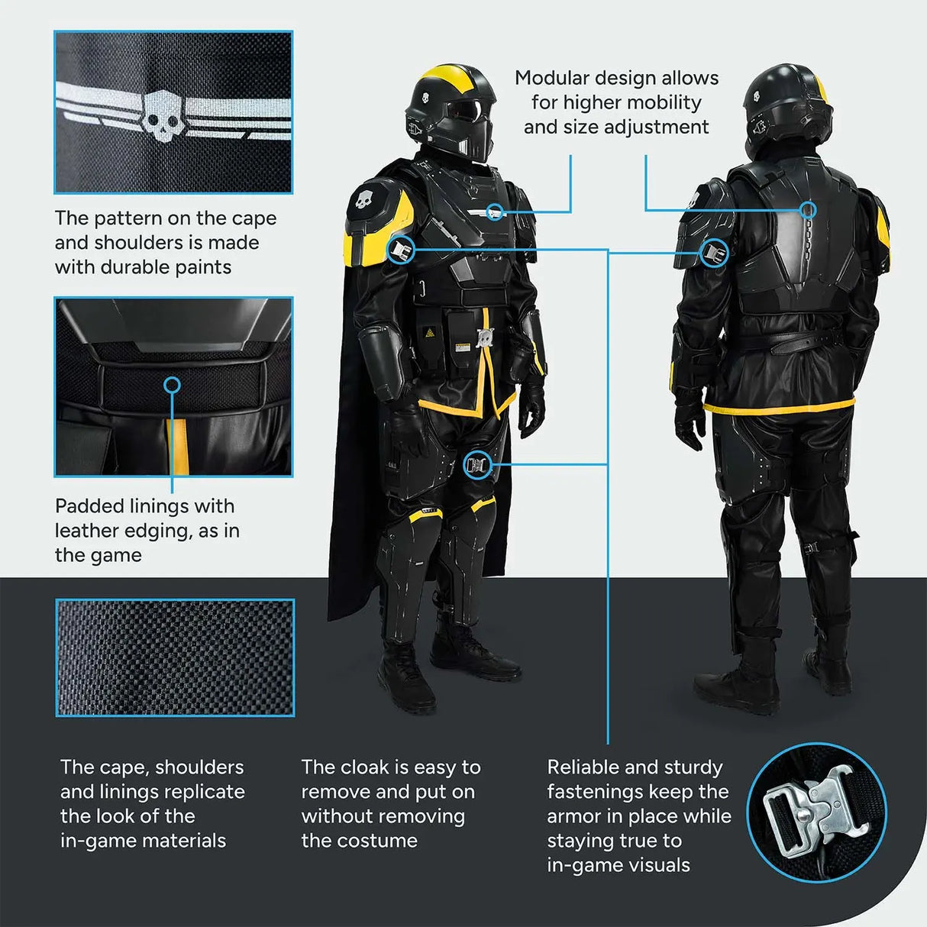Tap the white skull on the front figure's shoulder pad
pos(365,201)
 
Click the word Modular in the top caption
pos(552,78)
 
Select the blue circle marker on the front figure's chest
pos(496,211)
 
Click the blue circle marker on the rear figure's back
pos(808,209)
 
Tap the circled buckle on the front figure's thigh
pos(476,464)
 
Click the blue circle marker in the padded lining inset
pos(173,385)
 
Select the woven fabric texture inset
pos(175,657)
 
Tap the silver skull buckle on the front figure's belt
pos(483,338)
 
